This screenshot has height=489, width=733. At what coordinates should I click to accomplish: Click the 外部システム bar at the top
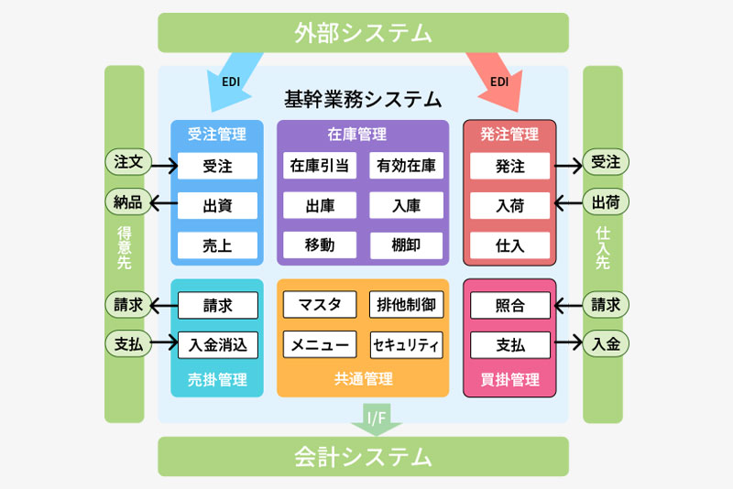[363, 33]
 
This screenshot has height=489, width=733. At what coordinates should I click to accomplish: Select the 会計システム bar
[363, 456]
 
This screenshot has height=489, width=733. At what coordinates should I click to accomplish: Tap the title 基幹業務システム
[363, 98]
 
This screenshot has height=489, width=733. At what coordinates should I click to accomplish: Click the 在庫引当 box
[319, 166]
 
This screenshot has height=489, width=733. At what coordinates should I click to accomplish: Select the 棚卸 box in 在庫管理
[406, 244]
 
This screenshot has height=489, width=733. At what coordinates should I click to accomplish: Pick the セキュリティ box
[406, 345]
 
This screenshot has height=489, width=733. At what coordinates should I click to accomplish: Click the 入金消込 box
[217, 344]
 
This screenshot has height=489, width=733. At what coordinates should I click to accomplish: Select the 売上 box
[217, 244]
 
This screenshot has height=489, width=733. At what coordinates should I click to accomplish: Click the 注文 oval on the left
[127, 162]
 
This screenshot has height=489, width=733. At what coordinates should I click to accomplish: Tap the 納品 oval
[127, 202]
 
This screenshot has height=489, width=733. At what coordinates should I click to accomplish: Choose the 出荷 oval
[606, 202]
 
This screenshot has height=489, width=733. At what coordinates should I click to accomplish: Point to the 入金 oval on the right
[606, 344]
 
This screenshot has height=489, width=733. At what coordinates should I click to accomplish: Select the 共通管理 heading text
[363, 379]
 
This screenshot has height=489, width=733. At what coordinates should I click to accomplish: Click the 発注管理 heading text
[509, 135]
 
